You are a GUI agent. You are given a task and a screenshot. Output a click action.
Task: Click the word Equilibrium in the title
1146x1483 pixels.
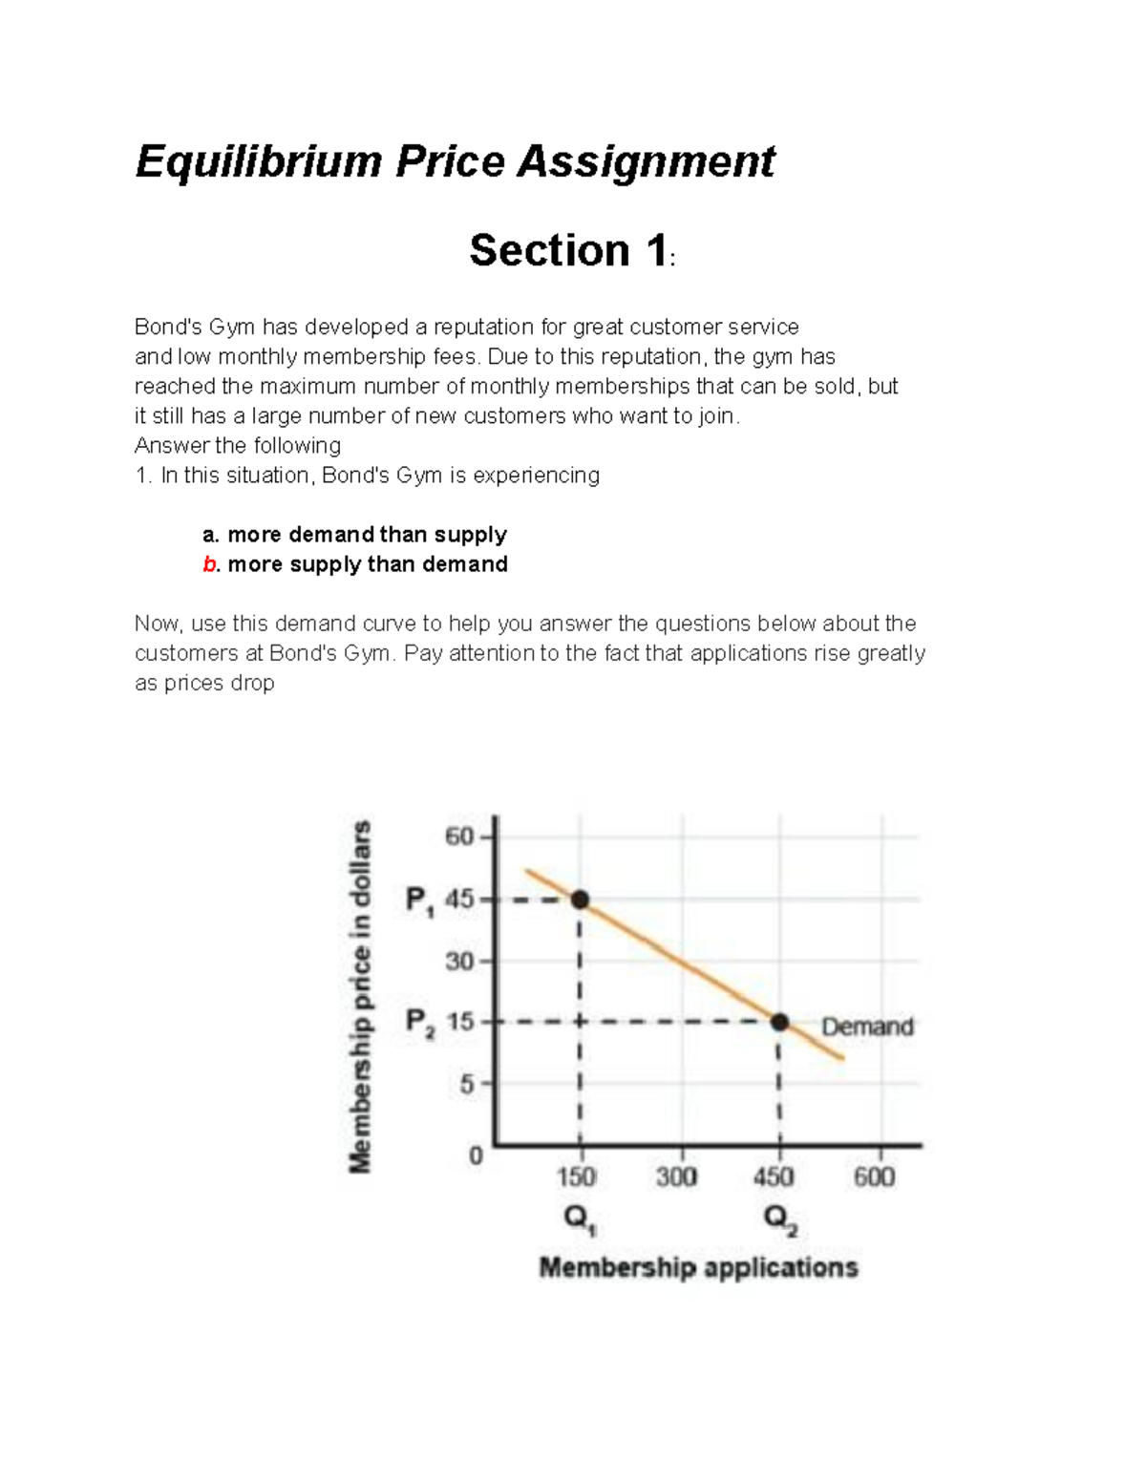coord(259,161)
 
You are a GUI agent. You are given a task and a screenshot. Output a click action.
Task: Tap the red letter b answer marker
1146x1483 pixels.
coord(209,564)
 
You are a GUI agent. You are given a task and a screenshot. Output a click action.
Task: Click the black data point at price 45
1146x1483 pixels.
coord(580,900)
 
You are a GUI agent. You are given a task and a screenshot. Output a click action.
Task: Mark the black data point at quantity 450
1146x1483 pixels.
coord(780,1023)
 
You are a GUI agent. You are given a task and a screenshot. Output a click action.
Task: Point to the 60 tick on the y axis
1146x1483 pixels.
coord(459,837)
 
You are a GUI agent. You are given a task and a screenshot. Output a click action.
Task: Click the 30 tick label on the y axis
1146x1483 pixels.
coord(459,962)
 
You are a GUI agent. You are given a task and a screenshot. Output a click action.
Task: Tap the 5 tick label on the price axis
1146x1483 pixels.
coord(466,1085)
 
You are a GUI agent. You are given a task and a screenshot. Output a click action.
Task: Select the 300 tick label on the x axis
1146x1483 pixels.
coord(676,1177)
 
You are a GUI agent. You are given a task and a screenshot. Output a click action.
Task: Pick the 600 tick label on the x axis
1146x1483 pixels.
coord(874,1177)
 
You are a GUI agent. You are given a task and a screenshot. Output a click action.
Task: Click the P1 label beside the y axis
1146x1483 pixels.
coord(419,900)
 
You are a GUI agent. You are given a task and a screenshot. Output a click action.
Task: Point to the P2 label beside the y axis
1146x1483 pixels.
coord(419,1024)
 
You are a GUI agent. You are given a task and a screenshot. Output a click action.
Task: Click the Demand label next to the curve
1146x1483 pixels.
coord(867,1027)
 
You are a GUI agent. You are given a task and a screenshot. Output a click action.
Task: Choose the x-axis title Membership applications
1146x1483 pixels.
coord(698,1268)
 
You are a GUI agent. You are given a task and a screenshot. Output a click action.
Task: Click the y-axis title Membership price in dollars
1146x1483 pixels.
coord(360,996)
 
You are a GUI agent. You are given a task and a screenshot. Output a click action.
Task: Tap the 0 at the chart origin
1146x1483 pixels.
coord(476,1156)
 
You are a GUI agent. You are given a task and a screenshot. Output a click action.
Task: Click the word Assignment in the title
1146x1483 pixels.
coord(646,161)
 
